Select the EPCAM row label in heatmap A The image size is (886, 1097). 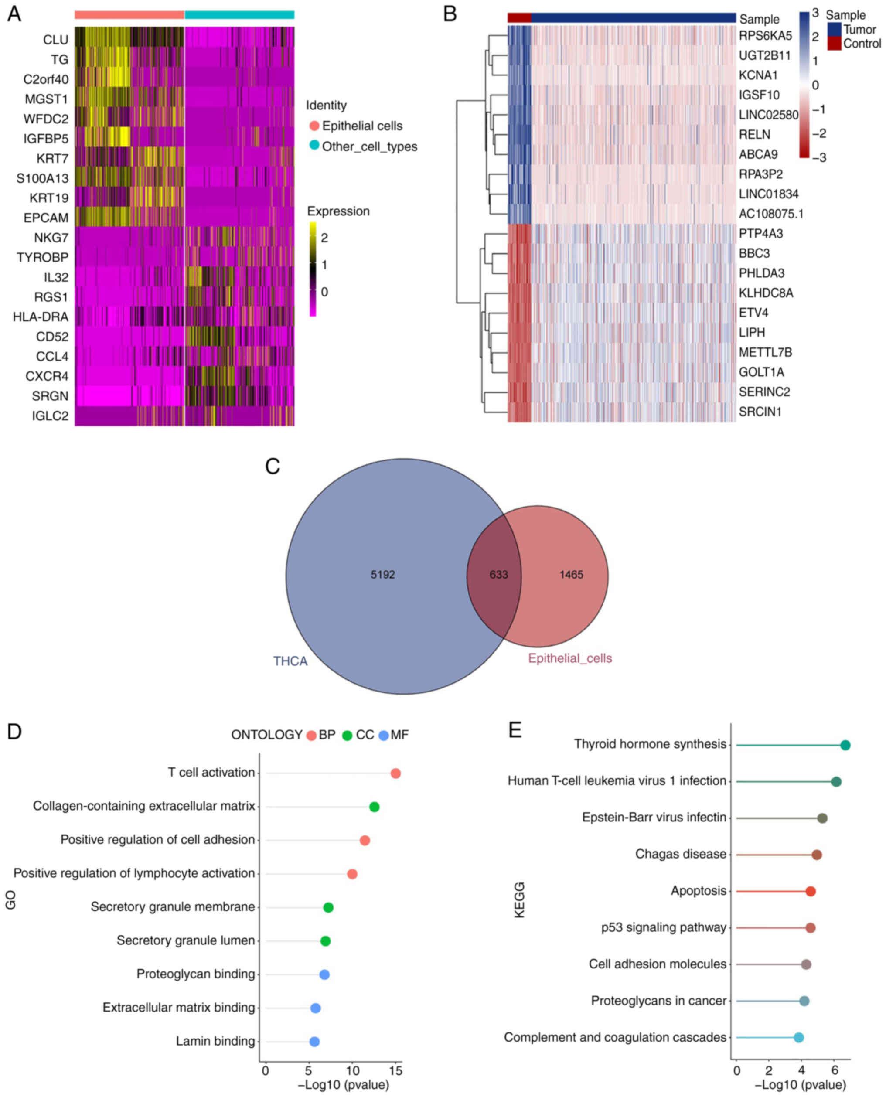pos(45,218)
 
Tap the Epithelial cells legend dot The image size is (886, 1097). pos(314,126)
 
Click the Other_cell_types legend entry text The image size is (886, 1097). pos(369,146)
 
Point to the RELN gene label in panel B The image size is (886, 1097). pos(754,134)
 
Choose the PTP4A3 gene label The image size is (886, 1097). pos(760,233)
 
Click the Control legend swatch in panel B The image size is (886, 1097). pos(834,43)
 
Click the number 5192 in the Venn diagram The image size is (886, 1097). pos(383,575)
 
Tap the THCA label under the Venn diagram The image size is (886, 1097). pos(290,661)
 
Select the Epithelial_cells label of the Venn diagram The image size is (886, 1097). pos(569,658)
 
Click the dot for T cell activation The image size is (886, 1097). pos(395,773)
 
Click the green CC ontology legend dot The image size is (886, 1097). pos(347,736)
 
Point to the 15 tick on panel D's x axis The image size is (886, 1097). pos(395,1070)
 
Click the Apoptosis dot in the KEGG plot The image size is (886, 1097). pos(811,891)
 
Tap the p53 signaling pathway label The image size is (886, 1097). pos(664,927)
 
